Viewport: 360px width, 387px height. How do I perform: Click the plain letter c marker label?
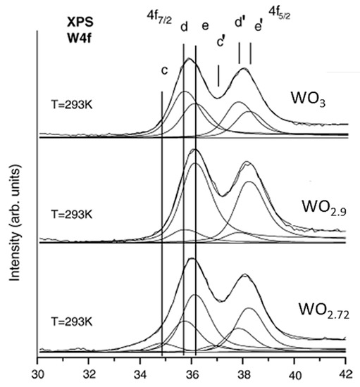[163, 70]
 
